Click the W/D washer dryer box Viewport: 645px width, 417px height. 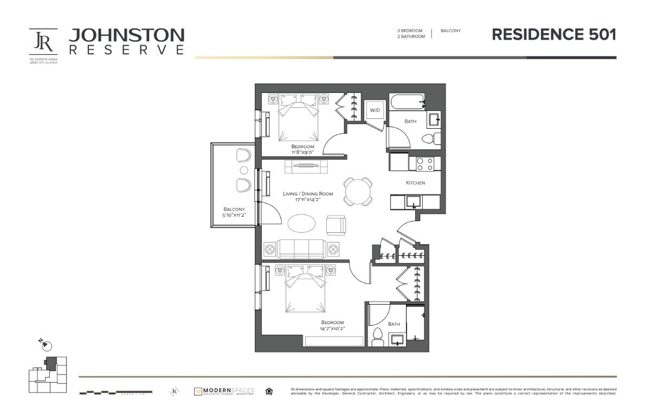tap(374, 110)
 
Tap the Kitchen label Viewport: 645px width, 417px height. tap(415, 183)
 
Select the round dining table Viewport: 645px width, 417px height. tap(358, 191)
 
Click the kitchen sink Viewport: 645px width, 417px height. tap(414, 202)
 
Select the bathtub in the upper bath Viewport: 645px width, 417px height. tap(407, 102)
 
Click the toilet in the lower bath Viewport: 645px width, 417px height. tap(378, 336)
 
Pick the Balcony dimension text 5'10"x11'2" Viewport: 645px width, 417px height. tap(234, 216)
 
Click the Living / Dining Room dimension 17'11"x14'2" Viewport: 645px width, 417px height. tap(307, 200)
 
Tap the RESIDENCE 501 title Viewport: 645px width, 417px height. tap(554, 35)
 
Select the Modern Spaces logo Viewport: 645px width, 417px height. tap(224, 391)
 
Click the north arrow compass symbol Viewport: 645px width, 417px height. tap(47, 344)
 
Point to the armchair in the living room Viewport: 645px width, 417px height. tap(336, 225)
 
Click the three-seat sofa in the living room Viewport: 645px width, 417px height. tap(301, 249)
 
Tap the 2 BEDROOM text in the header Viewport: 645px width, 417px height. tap(409, 31)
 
